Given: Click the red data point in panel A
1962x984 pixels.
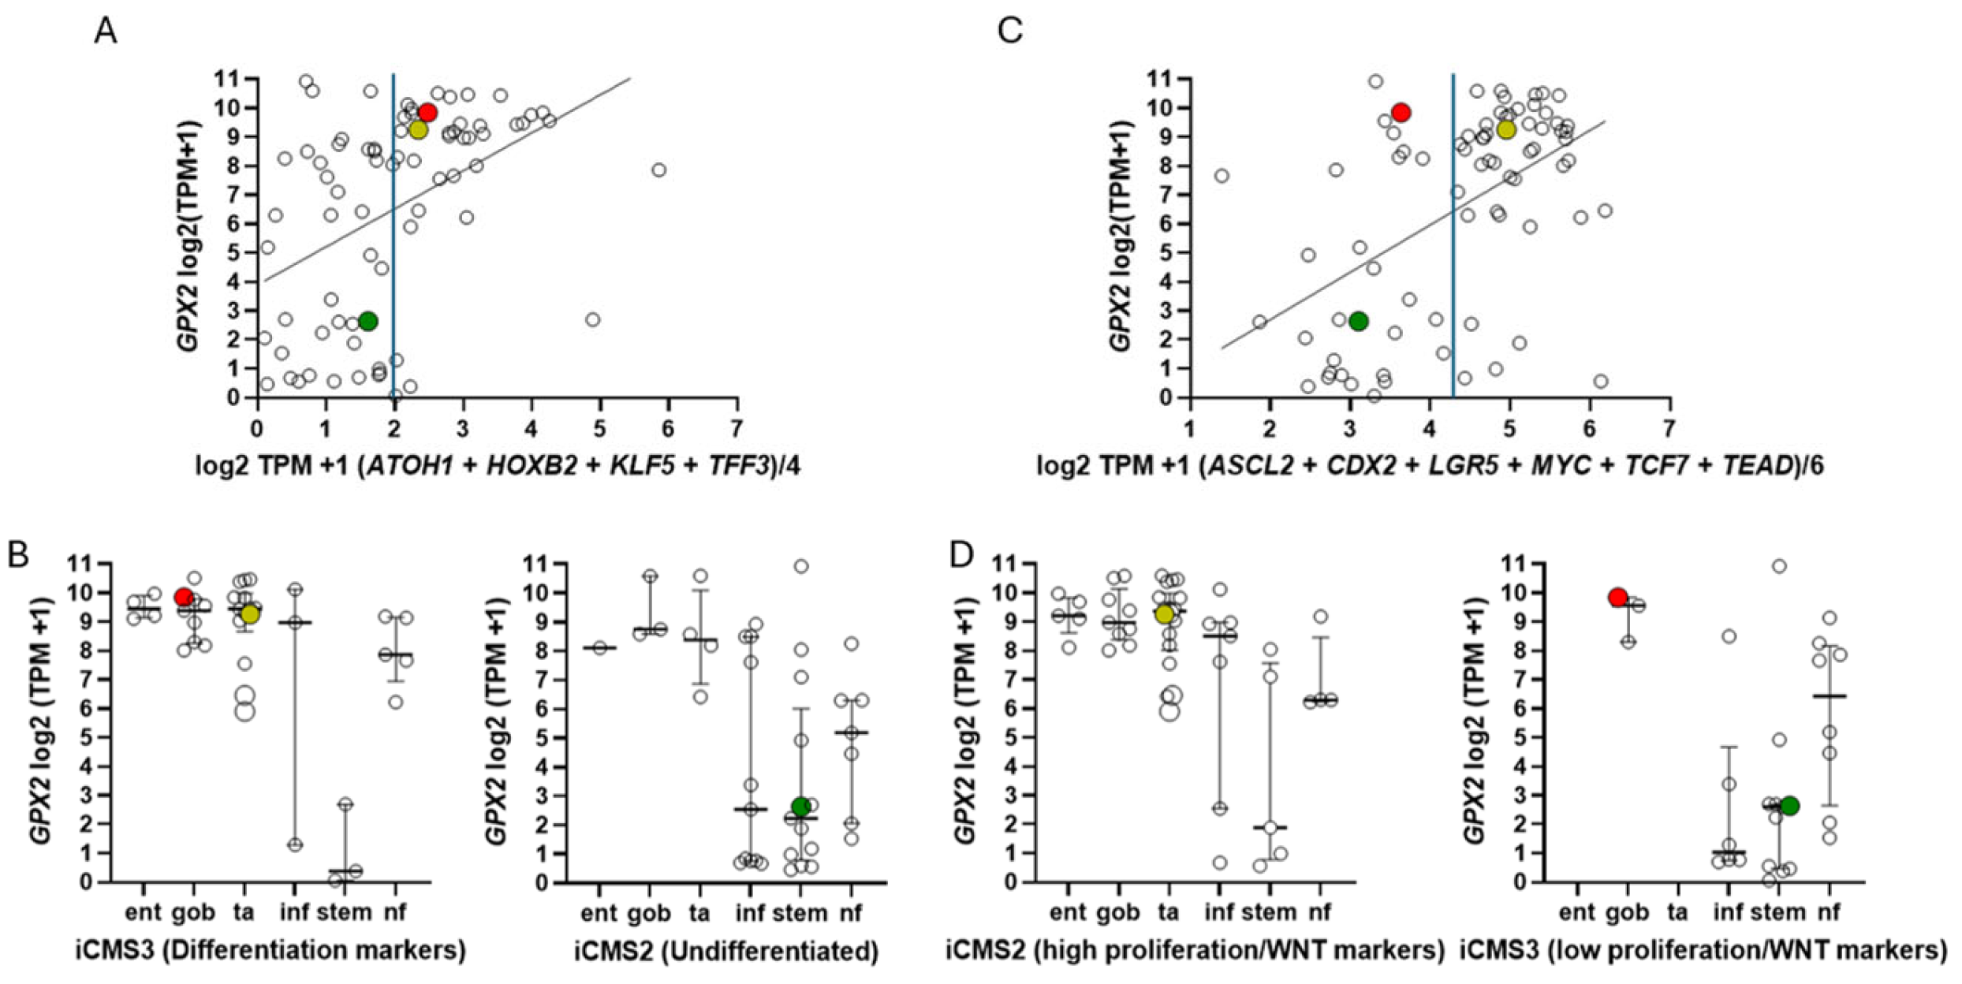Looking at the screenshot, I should (427, 113).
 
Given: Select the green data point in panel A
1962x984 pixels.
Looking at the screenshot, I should (367, 321).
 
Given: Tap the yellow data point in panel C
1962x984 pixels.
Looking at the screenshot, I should (1506, 129).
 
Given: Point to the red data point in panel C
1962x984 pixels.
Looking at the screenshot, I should (1401, 113).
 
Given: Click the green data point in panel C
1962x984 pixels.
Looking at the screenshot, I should (1358, 321).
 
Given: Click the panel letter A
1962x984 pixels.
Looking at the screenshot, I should (105, 32).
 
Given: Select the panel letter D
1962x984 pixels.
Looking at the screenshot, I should (962, 555).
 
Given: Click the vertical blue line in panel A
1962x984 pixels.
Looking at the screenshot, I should (394, 237).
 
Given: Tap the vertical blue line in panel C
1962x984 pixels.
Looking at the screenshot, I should (1453, 237).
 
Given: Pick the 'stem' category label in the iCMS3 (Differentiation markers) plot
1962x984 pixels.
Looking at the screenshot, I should (344, 912).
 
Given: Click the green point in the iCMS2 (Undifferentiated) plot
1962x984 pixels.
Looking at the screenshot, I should (801, 806).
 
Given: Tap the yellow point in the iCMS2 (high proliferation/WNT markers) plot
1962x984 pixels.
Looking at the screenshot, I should (1164, 614).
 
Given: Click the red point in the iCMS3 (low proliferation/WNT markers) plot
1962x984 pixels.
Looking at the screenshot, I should (1617, 598).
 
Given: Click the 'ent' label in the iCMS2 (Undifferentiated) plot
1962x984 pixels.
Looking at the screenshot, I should (599, 913).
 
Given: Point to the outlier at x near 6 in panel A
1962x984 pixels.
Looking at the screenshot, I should (659, 170).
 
